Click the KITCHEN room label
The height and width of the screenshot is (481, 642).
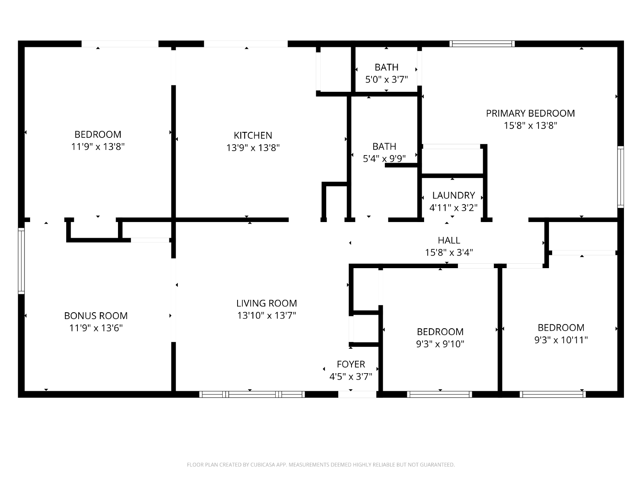(x=253, y=135)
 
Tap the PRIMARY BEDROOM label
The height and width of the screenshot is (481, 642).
(x=530, y=113)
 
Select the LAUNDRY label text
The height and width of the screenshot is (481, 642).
(x=453, y=195)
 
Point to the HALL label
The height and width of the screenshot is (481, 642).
(x=449, y=240)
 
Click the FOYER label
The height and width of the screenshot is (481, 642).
(x=351, y=364)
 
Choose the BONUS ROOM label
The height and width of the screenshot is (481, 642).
(x=96, y=315)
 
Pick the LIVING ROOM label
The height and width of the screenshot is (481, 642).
(x=266, y=303)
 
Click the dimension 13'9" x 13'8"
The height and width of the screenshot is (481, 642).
(x=253, y=148)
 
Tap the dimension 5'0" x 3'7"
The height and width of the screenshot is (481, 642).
(x=386, y=79)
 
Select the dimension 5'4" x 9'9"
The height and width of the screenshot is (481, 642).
(x=384, y=159)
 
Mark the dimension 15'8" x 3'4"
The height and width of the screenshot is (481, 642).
(x=449, y=253)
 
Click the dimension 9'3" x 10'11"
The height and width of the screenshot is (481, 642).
(x=561, y=340)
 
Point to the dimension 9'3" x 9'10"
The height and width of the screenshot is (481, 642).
(x=440, y=344)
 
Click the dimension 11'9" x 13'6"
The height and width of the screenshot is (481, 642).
(x=96, y=328)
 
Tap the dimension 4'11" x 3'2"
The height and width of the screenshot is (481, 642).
(x=453, y=208)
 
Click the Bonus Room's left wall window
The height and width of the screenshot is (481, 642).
(x=21, y=261)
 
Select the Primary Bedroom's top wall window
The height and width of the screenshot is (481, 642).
(x=482, y=44)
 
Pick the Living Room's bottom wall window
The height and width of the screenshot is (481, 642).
(x=252, y=394)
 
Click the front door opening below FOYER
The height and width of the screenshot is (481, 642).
(x=357, y=394)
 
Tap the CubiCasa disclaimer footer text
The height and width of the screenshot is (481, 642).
(x=321, y=465)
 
